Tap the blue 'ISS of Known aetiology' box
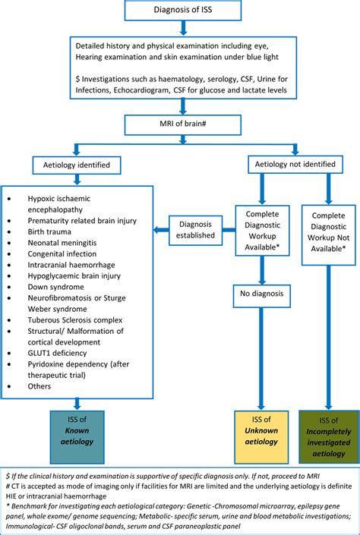77,436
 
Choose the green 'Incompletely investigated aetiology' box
328,436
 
